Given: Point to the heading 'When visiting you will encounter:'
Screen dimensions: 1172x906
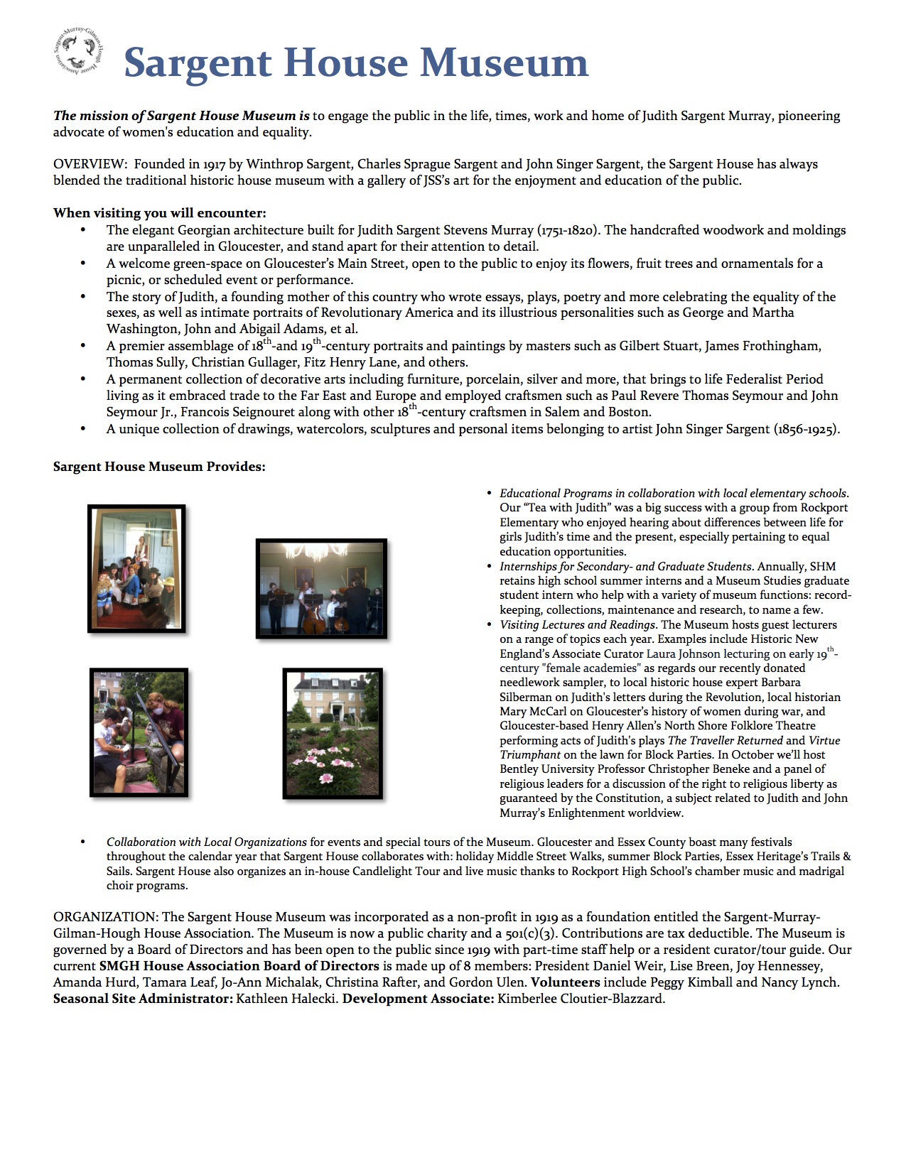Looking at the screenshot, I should pyautogui.click(x=160, y=213).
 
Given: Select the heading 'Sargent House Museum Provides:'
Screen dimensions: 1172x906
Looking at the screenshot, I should pyautogui.click(x=159, y=467).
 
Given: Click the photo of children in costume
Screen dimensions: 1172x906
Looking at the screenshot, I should pyautogui.click(x=136, y=568).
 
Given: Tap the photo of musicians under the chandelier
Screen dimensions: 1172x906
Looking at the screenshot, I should pyautogui.click(x=321, y=588).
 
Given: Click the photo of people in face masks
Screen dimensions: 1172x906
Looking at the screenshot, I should pyautogui.click(x=139, y=732).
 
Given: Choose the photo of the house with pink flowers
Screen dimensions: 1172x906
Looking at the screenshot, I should pyautogui.click(x=333, y=733).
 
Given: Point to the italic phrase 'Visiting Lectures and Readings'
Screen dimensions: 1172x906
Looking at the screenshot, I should pyautogui.click(x=577, y=625).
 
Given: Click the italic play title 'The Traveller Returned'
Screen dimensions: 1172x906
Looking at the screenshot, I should pyautogui.click(x=725, y=740).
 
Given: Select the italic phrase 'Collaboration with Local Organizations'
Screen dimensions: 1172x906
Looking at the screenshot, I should pyautogui.click(x=207, y=842).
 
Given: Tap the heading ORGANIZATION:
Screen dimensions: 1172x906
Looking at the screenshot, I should pyautogui.click(x=105, y=917).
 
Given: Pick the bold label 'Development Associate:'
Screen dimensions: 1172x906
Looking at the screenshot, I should pyautogui.click(x=418, y=999).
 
